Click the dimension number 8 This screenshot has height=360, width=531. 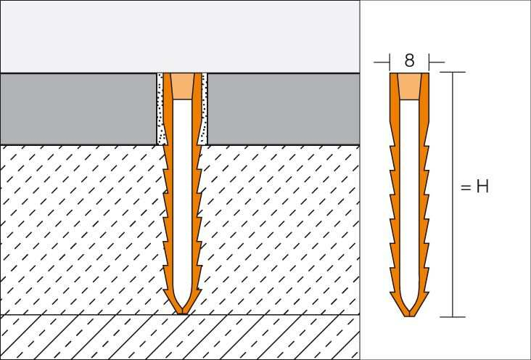click(x=409, y=60)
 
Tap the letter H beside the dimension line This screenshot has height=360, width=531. click(x=482, y=187)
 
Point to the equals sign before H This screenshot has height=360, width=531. click(x=466, y=187)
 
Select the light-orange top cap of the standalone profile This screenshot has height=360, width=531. click(x=409, y=86)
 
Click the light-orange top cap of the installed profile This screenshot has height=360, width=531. click(x=183, y=86)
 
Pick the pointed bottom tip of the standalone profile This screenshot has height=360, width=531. click(x=409, y=314)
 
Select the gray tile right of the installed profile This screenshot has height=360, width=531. click(x=283, y=109)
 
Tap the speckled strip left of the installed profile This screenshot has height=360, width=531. click(x=161, y=109)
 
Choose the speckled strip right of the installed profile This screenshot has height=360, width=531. click(x=205, y=109)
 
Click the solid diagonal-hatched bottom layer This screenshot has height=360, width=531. click(x=87, y=337)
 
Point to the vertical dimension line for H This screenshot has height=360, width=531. click(x=453, y=240)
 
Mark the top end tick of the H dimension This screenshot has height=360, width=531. click(x=453, y=73)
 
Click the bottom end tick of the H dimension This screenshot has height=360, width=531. click(x=453, y=316)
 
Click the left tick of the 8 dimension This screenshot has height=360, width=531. click(x=390, y=60)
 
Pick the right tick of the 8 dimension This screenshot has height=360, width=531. click(x=429, y=60)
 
